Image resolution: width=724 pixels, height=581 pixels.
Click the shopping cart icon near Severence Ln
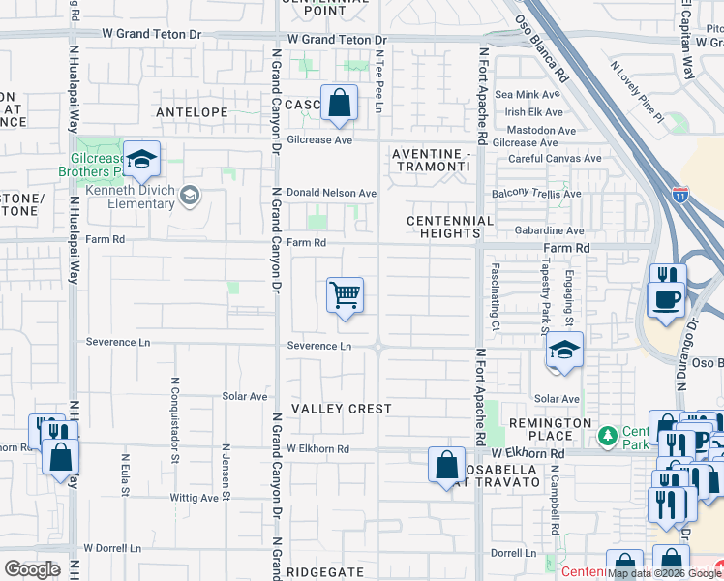[346, 295]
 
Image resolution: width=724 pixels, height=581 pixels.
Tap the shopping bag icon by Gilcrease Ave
[340, 103]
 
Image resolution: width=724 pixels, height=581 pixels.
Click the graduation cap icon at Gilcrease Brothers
[141, 161]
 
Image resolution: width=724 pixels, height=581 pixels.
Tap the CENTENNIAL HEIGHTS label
[450, 228]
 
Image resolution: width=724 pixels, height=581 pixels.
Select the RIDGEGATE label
[323, 572]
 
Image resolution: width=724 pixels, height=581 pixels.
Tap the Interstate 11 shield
[680, 194]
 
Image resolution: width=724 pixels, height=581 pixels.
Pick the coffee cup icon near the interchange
[667, 298]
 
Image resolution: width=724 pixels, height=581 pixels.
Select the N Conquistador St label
[176, 409]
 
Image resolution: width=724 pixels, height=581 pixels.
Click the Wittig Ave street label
[194, 498]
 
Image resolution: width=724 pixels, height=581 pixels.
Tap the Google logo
[33, 569]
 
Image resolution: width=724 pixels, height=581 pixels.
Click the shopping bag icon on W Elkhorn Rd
[446, 466]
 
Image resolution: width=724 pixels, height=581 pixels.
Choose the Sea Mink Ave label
[528, 95]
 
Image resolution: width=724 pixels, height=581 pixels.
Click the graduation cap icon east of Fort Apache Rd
[563, 352]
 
